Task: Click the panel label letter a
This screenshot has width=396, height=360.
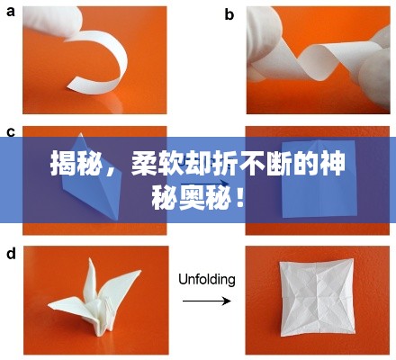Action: (x=10, y=13)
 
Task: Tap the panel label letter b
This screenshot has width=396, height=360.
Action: (x=229, y=13)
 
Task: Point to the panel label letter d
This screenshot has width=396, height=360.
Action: (x=10, y=254)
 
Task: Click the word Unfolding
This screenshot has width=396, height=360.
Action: (x=206, y=279)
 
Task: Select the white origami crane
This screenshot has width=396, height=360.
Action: (x=90, y=297)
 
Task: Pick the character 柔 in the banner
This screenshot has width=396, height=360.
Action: (x=145, y=165)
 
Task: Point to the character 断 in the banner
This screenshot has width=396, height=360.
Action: (x=280, y=165)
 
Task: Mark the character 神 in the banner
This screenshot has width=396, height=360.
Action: (x=335, y=165)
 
